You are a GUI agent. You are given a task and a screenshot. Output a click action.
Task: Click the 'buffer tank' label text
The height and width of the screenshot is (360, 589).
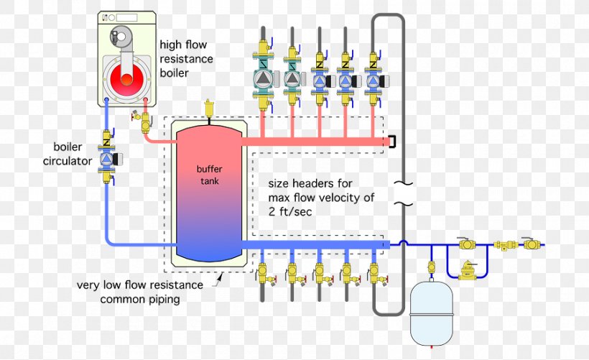pos(208,175)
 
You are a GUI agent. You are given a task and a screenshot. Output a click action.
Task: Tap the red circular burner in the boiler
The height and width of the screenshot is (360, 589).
pos(126,78)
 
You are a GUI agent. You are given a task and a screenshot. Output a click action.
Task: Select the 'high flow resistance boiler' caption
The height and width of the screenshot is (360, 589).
pos(185,58)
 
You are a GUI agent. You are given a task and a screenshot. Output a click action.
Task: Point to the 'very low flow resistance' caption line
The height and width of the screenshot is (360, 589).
pos(139,285)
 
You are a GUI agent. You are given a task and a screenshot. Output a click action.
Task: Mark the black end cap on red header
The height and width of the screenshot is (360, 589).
pos(392,142)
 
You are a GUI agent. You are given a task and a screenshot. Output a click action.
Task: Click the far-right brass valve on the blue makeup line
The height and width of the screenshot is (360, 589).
pos(532,244)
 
